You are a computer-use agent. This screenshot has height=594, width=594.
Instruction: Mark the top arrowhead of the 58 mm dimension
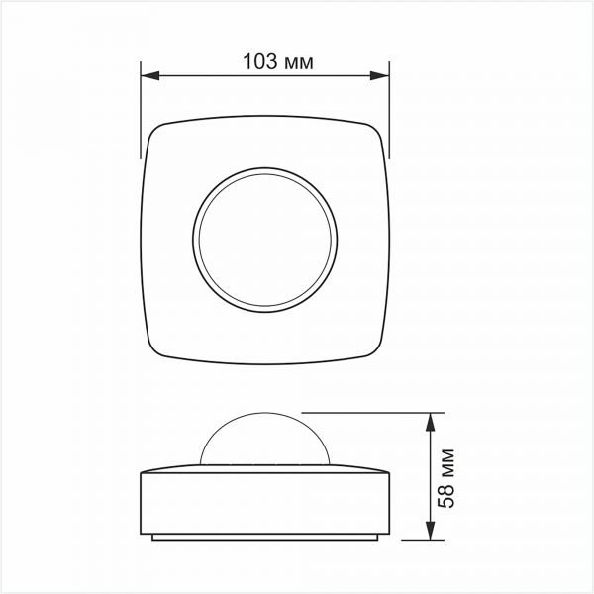tap(430, 420)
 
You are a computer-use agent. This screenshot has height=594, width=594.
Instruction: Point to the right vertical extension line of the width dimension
tap(388, 109)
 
